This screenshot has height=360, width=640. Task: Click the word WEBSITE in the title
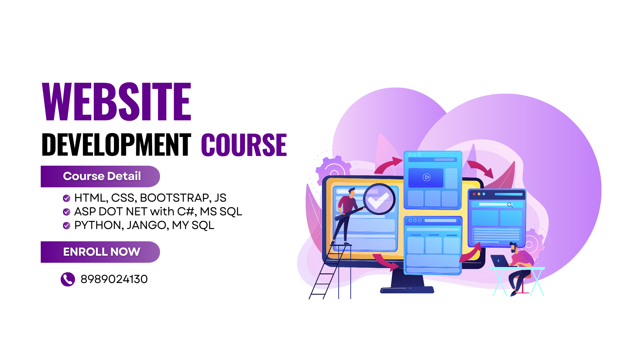click(117, 101)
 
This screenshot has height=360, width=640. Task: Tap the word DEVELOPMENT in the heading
click(116, 145)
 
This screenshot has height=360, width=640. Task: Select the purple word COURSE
click(244, 145)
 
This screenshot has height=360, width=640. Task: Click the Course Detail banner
click(100, 176)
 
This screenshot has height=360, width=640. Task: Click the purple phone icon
click(68, 279)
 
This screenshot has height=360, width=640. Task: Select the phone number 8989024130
click(114, 279)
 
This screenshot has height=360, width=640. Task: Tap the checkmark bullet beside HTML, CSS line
click(67, 198)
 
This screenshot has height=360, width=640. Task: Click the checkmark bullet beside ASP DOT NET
click(67, 212)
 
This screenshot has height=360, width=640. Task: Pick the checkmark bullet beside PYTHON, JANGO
click(67, 226)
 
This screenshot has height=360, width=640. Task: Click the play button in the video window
click(427, 177)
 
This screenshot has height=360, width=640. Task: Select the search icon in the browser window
click(510, 205)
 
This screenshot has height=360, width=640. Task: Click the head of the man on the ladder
click(352, 191)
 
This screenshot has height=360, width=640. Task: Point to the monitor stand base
click(407, 290)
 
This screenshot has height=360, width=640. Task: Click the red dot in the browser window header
click(474, 194)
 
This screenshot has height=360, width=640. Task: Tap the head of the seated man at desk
click(513, 247)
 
